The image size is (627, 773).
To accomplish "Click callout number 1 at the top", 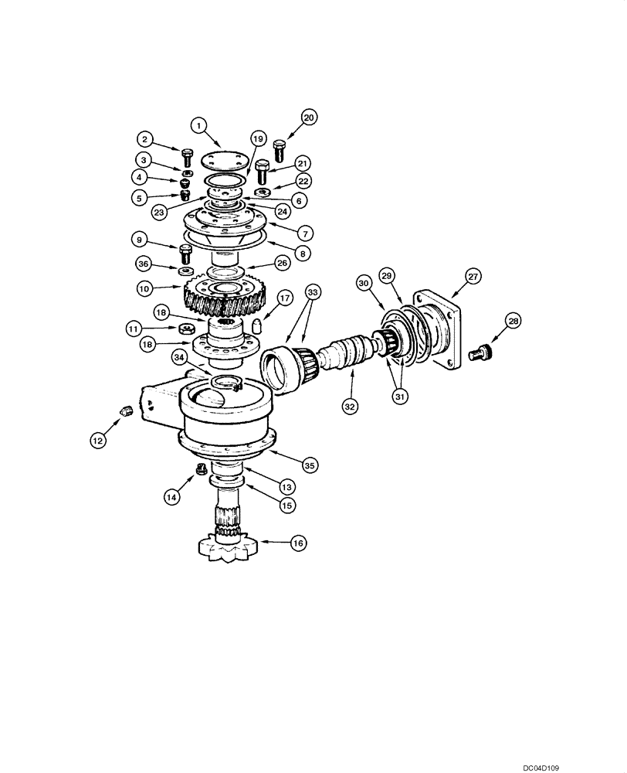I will pos(198,124).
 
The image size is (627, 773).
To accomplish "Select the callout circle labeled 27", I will pos(472,276).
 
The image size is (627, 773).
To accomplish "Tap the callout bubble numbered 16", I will pos(297,543).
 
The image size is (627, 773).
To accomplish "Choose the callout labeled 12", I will pos(97,441).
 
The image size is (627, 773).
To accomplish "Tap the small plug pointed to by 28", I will pos(481,352).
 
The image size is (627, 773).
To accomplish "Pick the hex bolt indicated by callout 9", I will pos(185,254).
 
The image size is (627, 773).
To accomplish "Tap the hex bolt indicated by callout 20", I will pos(280,147).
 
